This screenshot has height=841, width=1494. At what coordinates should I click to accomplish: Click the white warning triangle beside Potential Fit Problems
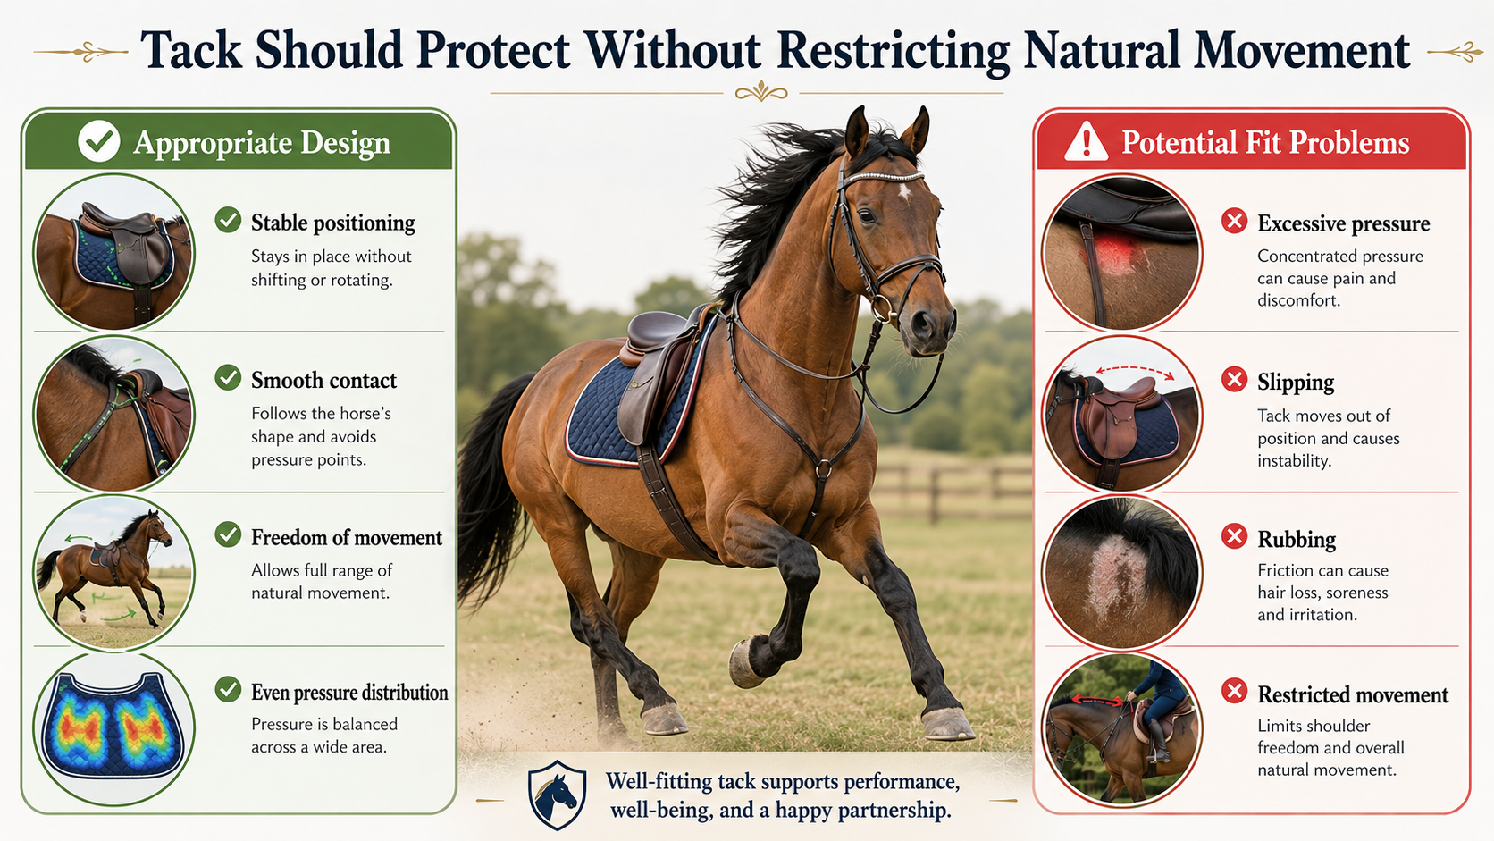pyautogui.click(x=1086, y=142)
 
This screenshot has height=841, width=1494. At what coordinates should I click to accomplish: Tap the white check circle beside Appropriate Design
pyautogui.click(x=98, y=141)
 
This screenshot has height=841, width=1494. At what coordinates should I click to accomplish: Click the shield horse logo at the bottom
pyautogui.click(x=557, y=795)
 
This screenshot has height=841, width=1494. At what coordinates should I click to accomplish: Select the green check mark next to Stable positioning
pyautogui.click(x=228, y=220)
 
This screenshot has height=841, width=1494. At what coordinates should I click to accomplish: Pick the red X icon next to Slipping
pyautogui.click(x=1235, y=380)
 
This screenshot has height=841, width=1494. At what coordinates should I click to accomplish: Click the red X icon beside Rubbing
pyautogui.click(x=1235, y=535)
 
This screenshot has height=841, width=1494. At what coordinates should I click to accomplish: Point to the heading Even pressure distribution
pyautogui.click(x=349, y=693)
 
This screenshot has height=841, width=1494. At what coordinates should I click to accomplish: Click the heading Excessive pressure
pyautogui.click(x=1343, y=223)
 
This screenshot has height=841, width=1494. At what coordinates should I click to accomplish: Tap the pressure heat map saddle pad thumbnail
pyautogui.click(x=113, y=728)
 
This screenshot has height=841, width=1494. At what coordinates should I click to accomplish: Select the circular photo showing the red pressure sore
pyautogui.click(x=1121, y=253)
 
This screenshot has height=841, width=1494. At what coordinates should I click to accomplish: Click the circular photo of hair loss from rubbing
pyautogui.click(x=1121, y=572)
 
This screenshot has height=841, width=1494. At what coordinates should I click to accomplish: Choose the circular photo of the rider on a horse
pyautogui.click(x=1121, y=729)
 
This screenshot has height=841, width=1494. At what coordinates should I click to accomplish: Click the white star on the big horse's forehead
pyautogui.click(x=904, y=192)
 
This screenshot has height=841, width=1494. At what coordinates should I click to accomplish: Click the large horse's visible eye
pyautogui.click(x=867, y=216)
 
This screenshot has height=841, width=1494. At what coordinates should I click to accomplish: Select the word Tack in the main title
pyautogui.click(x=190, y=50)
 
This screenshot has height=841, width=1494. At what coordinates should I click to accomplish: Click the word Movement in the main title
pyautogui.click(x=1302, y=50)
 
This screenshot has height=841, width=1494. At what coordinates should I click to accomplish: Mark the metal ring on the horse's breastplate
pyautogui.click(x=825, y=468)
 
